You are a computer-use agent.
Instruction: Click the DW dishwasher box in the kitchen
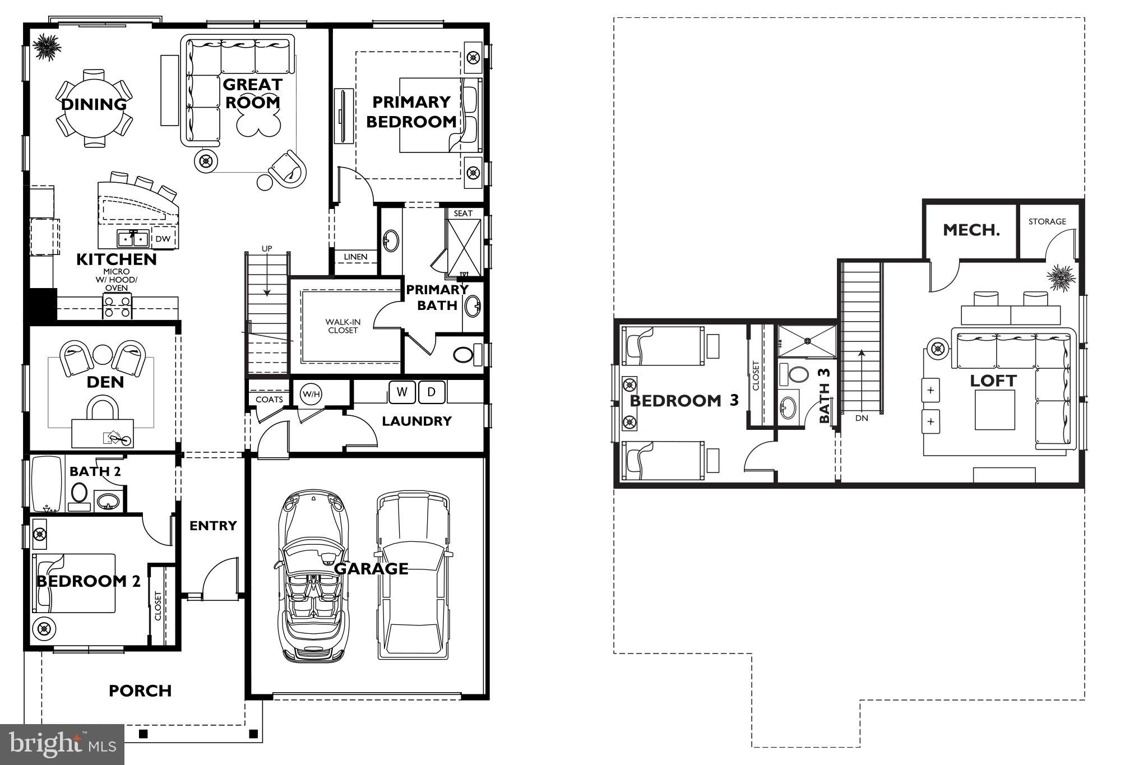tap(163, 239)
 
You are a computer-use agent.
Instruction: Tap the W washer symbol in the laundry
tap(401, 392)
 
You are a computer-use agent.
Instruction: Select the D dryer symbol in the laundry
tap(431, 392)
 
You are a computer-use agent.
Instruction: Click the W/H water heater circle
tap(311, 395)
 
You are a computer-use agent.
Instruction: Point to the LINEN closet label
tap(355, 257)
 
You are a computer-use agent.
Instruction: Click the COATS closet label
tap(269, 400)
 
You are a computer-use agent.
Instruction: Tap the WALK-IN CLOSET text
tap(343, 326)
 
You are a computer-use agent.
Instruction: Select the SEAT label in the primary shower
tap(463, 214)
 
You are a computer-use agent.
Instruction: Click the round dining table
tap(94, 108)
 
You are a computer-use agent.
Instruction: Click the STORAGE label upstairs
tap(1047, 221)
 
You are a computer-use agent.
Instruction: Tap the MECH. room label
tap(971, 230)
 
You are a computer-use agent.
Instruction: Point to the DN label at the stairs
tap(862, 418)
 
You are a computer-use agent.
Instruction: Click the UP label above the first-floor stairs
tap(267, 248)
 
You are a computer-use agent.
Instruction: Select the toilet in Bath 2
tap(79, 494)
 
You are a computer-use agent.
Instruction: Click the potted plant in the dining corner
tap(45, 47)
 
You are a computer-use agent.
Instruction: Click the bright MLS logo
tap(62, 744)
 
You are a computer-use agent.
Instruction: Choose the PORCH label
tap(140, 691)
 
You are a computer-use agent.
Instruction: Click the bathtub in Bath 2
tap(47, 483)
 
